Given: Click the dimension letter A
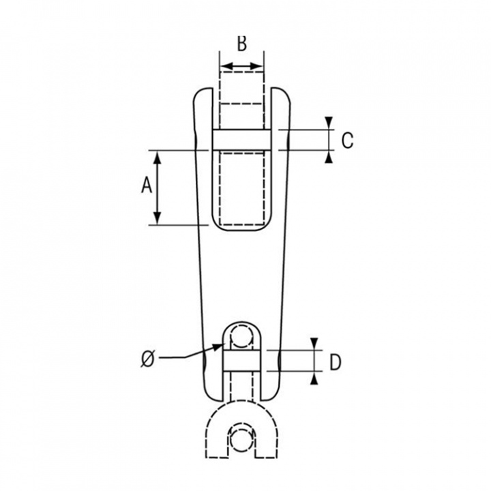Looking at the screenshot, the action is (147, 185).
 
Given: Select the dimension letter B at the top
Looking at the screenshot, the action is (241, 44).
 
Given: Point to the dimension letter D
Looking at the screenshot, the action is (335, 363).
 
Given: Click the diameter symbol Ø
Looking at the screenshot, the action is (148, 359).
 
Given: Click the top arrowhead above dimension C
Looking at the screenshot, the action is (329, 123).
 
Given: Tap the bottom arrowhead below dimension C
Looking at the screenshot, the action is (329, 157).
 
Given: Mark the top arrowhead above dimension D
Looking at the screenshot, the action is (314, 344).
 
